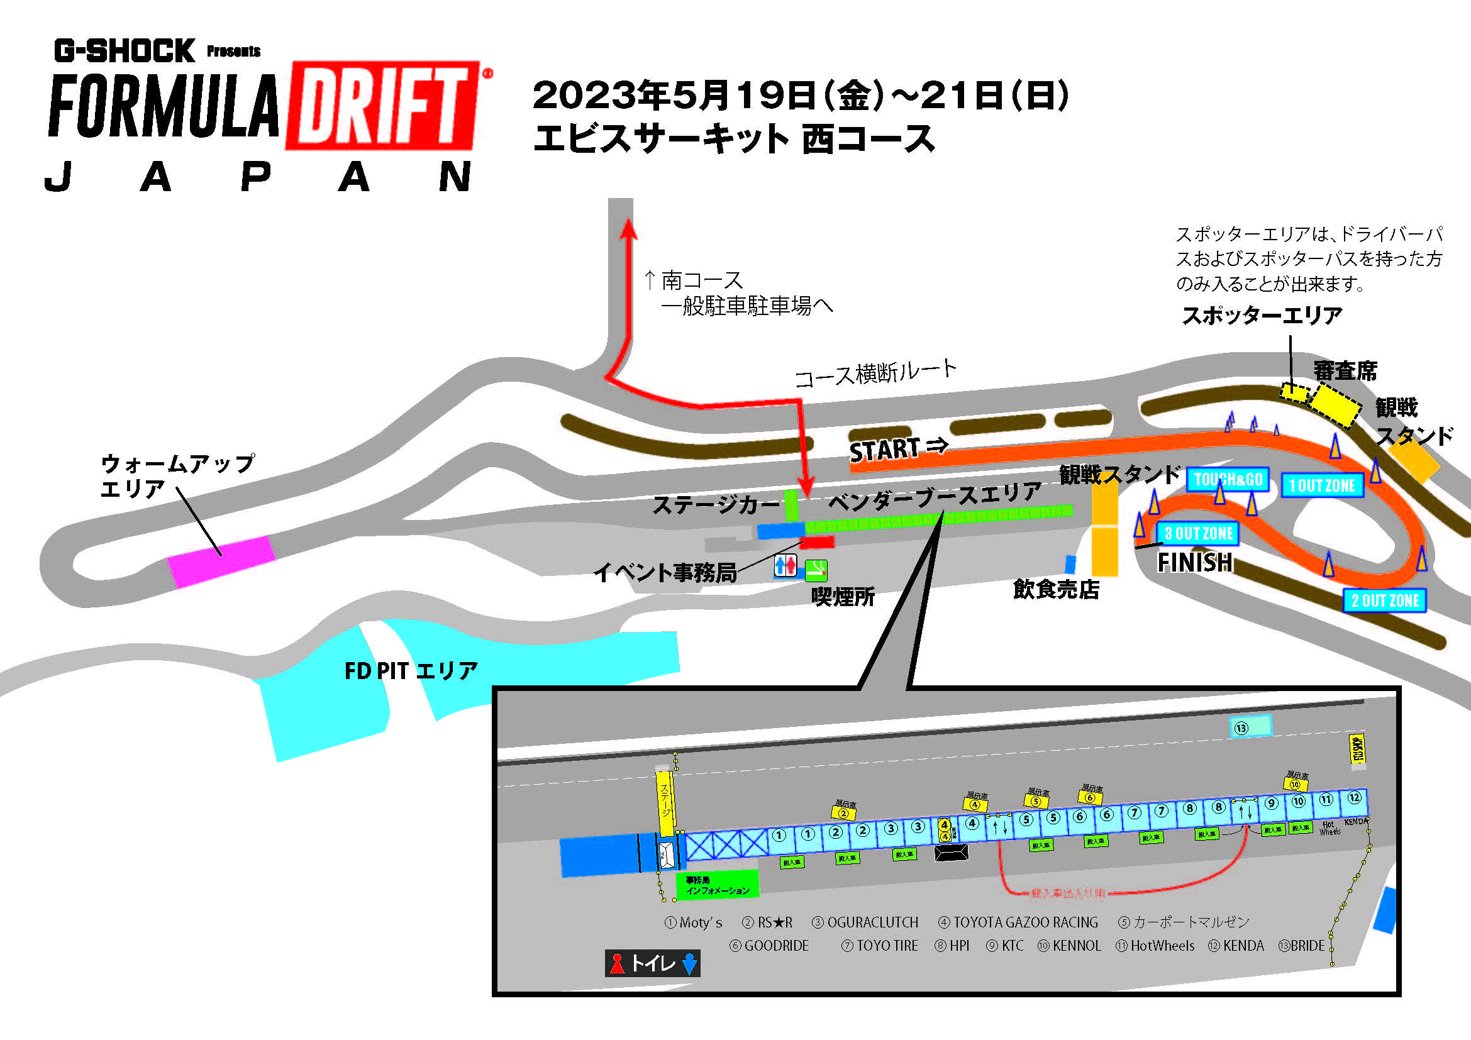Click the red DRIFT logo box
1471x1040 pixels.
pyautogui.click(x=383, y=106)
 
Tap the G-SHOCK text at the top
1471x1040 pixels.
pyautogui.click(x=125, y=51)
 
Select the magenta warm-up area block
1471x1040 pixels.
pyautogui.click(x=221, y=561)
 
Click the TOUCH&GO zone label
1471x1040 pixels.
pyautogui.click(x=1228, y=480)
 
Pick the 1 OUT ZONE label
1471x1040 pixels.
pyautogui.click(x=1322, y=486)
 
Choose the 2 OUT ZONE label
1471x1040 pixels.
pyautogui.click(x=1384, y=600)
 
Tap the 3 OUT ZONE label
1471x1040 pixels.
pyautogui.click(x=1198, y=533)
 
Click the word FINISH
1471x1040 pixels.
pyautogui.click(x=1194, y=562)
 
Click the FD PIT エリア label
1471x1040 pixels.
pyautogui.click(x=411, y=671)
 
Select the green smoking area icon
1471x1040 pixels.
pyautogui.click(x=816, y=568)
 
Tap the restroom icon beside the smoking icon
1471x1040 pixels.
pyautogui.click(x=785, y=565)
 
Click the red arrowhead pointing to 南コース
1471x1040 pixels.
pyautogui.click(x=628, y=230)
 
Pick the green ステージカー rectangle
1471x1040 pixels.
pyautogui.click(x=791, y=504)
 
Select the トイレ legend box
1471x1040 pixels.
pyautogui.click(x=652, y=963)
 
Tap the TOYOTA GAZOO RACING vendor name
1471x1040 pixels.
pyautogui.click(x=1024, y=922)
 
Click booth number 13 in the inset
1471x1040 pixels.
pyautogui.click(x=1250, y=727)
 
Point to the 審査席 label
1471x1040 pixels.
pyautogui.click(x=1345, y=371)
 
